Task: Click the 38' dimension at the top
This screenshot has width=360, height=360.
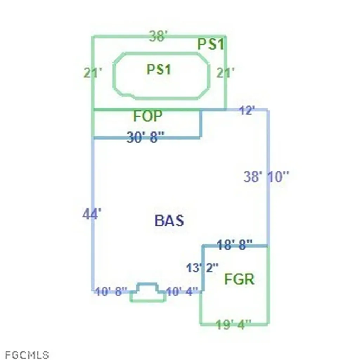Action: tap(159, 36)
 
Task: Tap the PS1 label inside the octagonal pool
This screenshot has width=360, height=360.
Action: tap(159, 69)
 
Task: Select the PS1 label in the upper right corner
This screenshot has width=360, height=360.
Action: tap(211, 44)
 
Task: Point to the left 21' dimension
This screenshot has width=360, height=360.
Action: tap(92, 73)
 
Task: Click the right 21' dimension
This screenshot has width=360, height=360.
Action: tap(225, 73)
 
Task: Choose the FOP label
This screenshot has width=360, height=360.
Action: tap(148, 116)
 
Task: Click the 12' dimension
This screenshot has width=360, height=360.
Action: tap(247, 110)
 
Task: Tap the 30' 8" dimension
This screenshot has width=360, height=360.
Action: tap(145, 137)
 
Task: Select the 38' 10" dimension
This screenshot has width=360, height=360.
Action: tap(266, 176)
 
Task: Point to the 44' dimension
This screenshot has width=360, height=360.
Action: tap(92, 214)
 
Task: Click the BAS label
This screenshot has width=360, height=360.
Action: tap(169, 221)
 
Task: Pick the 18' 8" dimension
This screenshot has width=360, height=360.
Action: tap(234, 245)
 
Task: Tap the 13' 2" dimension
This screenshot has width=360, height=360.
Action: tap(202, 268)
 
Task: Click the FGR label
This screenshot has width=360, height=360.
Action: tap(239, 279)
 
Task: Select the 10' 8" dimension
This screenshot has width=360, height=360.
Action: tap(111, 291)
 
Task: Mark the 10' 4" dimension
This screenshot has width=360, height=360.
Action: tap(181, 291)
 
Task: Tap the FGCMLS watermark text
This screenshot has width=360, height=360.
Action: tap(27, 355)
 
